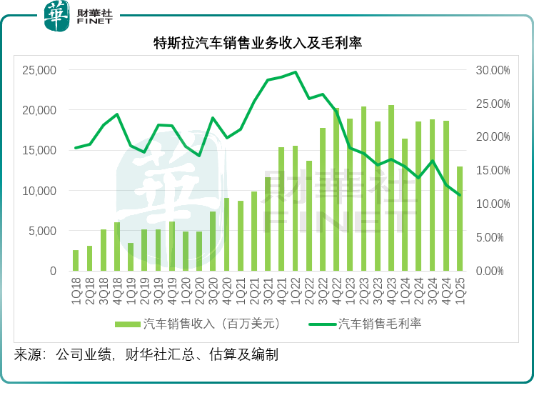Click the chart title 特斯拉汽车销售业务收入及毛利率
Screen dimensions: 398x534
pyautogui.click(x=258, y=44)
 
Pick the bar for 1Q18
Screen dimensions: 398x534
pyautogui.click(x=76, y=261)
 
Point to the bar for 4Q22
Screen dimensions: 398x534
pyautogui.click(x=336, y=190)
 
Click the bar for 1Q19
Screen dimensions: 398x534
pyautogui.click(x=131, y=257)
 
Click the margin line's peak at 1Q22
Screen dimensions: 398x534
pyautogui.click(x=295, y=72)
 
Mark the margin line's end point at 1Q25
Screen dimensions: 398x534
pyautogui.click(x=460, y=195)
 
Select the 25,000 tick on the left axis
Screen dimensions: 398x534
pyautogui.click(x=39, y=70)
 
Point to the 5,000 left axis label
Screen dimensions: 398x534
pyautogui.click(x=41, y=231)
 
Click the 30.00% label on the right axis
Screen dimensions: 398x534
pyautogui.click(x=493, y=70)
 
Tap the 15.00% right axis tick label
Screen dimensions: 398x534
pyautogui.click(x=493, y=171)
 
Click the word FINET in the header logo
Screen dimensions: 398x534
pyautogui.click(x=95, y=21)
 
